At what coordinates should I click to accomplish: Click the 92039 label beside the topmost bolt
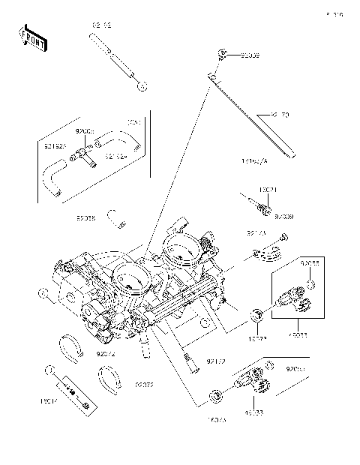pyautogui.click(x=251, y=55)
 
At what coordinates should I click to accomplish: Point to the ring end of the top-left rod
pyautogui.click(x=140, y=86)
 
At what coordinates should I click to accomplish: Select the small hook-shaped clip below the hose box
pyautogui.click(x=116, y=218)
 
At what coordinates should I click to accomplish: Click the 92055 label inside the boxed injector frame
pyautogui.click(x=310, y=264)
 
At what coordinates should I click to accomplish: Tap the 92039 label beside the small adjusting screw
pyautogui.click(x=284, y=217)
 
